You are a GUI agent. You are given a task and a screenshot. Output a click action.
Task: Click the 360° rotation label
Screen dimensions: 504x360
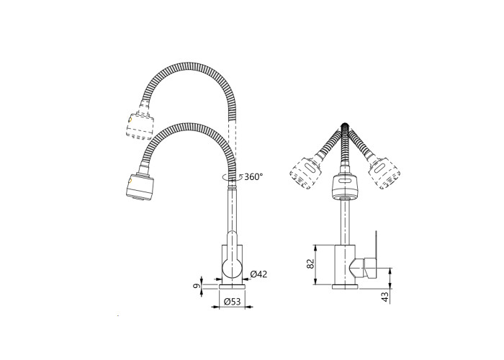click(x=253, y=176)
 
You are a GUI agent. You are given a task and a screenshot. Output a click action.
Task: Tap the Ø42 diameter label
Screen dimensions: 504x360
click(x=258, y=274)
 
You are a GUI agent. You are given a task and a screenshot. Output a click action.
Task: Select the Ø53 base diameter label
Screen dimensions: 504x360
click(x=233, y=302)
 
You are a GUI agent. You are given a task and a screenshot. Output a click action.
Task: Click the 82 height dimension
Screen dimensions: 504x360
click(x=310, y=264)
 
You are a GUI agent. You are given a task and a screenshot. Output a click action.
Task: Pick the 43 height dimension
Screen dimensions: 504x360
click(x=384, y=297)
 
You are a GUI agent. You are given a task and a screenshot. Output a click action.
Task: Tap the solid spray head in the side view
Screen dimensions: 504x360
click(x=140, y=188)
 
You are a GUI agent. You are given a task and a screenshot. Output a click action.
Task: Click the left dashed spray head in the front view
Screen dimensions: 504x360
click(x=305, y=173)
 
